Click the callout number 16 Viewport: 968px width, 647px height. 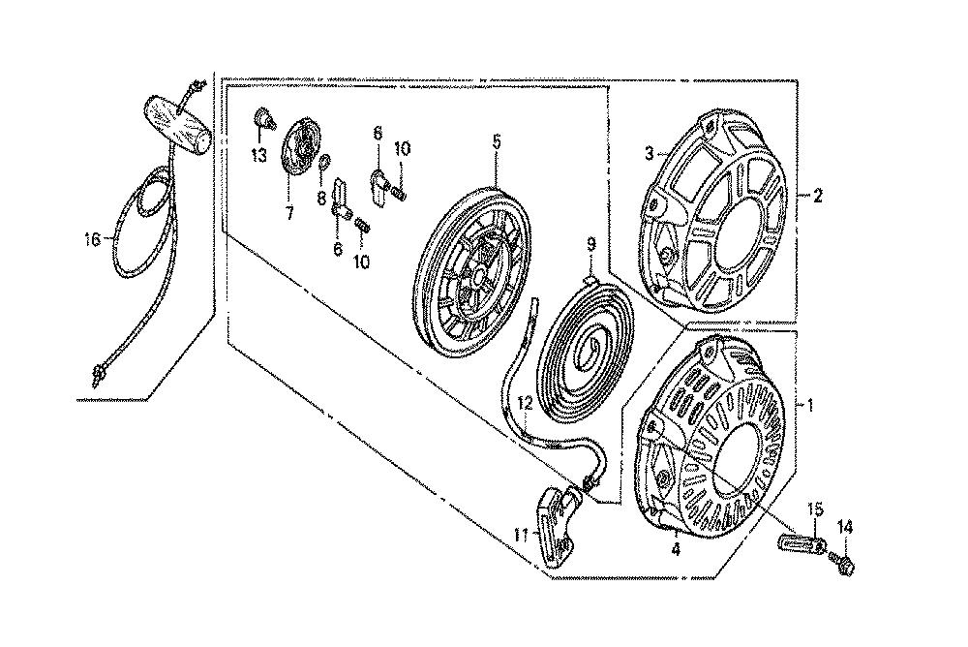pos(92,240)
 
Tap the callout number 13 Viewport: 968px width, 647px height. pos(258,155)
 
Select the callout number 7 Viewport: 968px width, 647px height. pos(288,213)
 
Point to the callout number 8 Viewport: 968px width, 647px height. pos(321,198)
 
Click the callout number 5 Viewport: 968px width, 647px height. pos(497,141)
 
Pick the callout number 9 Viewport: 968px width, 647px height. pos(590,244)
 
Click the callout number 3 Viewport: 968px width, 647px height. pos(649,153)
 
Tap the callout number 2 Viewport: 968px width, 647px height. pos(817,197)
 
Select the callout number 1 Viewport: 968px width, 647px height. pos(810,406)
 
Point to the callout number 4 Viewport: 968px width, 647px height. pos(676,549)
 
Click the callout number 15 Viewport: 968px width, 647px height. pos(815,509)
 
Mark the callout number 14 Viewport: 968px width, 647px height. pos(844,527)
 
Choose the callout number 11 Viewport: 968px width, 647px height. pos(522,535)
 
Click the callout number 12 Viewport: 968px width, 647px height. pos(525,405)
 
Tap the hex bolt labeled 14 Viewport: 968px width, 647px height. pos(845,563)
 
